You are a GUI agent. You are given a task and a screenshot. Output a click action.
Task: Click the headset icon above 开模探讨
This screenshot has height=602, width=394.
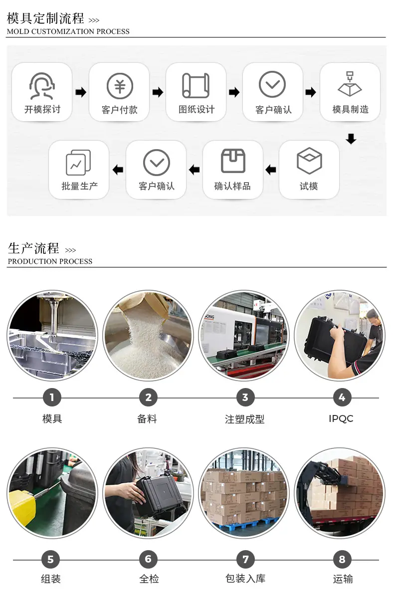(x=42, y=86)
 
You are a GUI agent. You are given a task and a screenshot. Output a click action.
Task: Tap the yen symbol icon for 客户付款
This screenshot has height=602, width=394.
(x=120, y=86)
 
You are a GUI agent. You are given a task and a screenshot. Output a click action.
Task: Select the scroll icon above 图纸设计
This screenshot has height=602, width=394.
(x=196, y=86)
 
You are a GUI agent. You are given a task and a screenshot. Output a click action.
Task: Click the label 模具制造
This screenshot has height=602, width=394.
(x=350, y=110)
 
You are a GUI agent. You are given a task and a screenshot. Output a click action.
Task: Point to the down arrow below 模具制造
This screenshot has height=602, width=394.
(x=351, y=139)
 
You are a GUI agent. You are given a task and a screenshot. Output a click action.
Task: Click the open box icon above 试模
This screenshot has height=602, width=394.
(x=309, y=161)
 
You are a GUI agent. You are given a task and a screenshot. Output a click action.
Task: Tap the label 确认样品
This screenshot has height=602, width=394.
(x=232, y=187)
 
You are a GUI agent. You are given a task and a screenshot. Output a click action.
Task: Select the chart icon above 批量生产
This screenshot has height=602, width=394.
(x=79, y=162)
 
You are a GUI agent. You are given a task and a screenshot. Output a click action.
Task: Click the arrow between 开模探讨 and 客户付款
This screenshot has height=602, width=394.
(x=81, y=92)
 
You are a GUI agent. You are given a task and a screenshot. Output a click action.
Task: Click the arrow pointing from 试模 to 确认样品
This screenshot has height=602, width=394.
(x=271, y=170)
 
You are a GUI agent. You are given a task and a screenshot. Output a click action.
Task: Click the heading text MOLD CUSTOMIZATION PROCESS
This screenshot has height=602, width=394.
(x=68, y=31)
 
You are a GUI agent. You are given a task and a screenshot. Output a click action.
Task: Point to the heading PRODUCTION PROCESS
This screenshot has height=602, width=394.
(x=50, y=261)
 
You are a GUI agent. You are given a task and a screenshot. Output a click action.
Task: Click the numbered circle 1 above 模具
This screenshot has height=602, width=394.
(x=52, y=398)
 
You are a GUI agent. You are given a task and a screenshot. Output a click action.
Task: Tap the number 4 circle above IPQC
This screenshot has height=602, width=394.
(x=342, y=398)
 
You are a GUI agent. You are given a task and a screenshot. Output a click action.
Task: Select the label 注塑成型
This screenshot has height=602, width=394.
(x=244, y=419)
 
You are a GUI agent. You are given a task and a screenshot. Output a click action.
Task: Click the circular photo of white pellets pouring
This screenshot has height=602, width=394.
(x=148, y=335)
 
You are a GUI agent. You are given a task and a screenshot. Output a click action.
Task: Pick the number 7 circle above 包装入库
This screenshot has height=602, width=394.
(x=245, y=560)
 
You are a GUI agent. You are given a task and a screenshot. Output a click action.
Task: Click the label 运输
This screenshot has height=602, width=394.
(x=343, y=579)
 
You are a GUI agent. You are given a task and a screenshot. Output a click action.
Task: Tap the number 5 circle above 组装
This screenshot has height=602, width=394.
(x=50, y=560)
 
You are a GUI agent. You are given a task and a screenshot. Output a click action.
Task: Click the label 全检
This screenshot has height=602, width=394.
(x=149, y=579)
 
